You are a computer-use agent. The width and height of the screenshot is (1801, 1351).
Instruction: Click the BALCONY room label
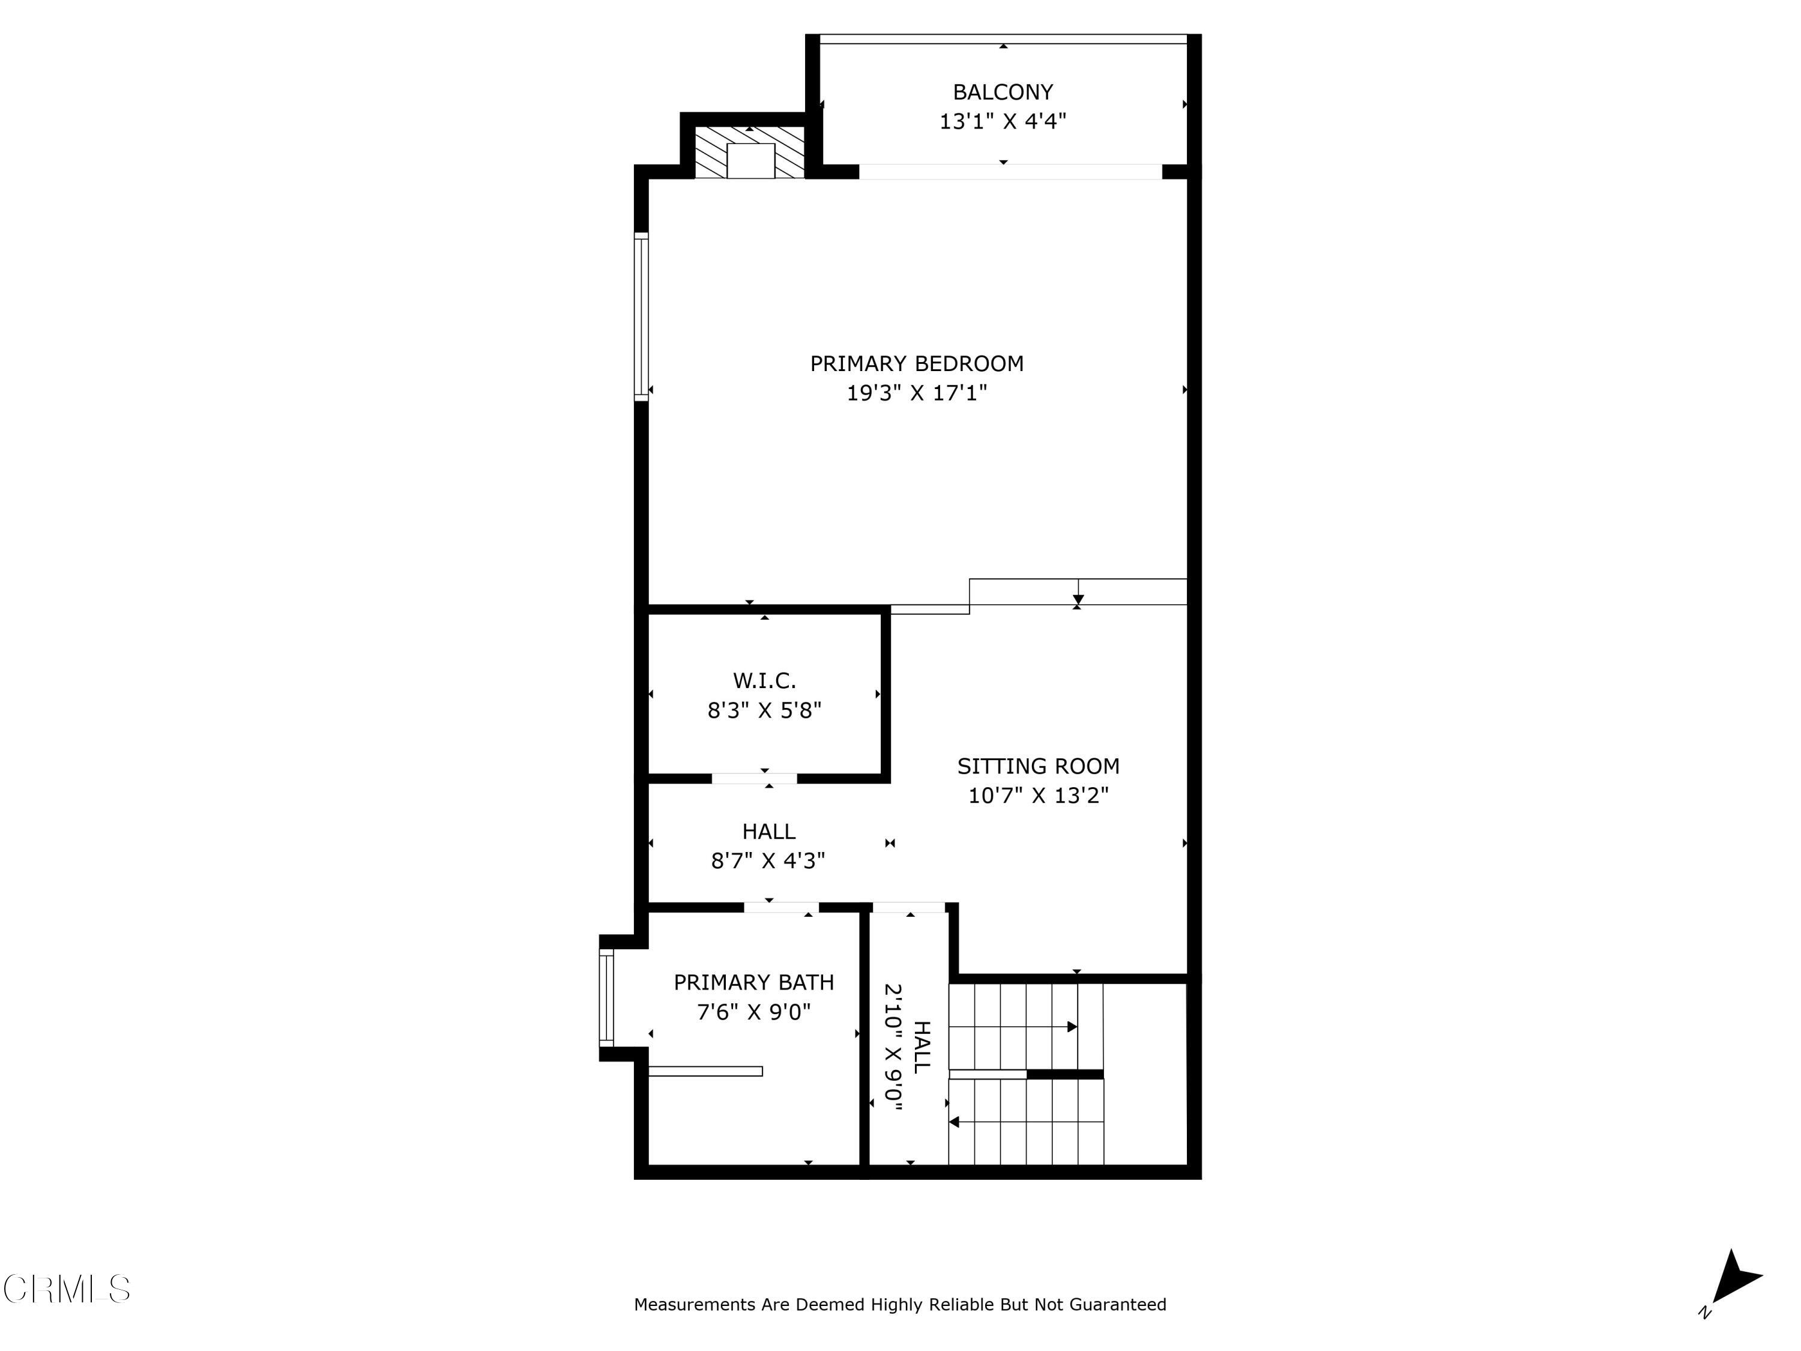1003,92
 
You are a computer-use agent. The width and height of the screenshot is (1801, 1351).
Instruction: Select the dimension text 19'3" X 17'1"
916,393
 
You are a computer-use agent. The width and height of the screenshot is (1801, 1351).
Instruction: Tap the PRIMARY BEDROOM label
916,363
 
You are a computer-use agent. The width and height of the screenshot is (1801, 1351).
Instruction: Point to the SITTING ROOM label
1037,766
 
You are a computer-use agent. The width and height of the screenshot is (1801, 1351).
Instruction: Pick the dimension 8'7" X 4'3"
768,861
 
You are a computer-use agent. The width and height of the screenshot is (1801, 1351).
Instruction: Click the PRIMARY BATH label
753,982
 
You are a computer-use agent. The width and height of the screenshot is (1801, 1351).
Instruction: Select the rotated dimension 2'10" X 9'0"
894,1047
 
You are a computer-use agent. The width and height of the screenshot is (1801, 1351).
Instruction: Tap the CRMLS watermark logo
67,1289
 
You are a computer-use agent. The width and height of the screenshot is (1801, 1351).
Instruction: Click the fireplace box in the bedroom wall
750,160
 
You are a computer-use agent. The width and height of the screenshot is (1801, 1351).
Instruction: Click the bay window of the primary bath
606,997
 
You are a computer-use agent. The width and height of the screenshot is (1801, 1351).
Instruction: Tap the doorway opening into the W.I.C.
754,779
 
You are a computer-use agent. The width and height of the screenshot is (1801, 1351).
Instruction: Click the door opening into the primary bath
781,907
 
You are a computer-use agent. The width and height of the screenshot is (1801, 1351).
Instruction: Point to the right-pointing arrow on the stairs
1072,1027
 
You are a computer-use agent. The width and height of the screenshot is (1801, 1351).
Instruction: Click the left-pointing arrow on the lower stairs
955,1122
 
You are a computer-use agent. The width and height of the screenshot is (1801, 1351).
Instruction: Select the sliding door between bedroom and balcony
1010,172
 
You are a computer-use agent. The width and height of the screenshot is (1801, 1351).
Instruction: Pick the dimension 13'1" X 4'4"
1003,121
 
